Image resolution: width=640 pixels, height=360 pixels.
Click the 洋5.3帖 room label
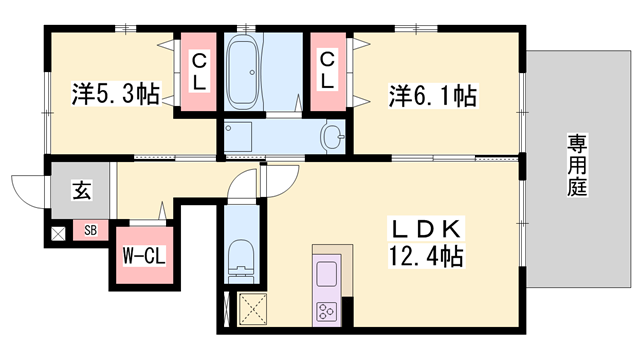(115, 96)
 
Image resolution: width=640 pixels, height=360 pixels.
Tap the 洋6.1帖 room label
(431, 96)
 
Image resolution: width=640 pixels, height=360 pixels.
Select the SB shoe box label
(91, 232)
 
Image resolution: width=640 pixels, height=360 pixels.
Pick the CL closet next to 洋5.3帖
(198, 72)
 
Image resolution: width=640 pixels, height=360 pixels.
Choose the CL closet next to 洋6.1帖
(327, 72)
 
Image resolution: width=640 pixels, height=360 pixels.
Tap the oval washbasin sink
(332, 137)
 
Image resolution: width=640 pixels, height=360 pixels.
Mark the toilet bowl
(241, 259)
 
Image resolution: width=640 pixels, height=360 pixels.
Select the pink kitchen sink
(327, 271)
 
